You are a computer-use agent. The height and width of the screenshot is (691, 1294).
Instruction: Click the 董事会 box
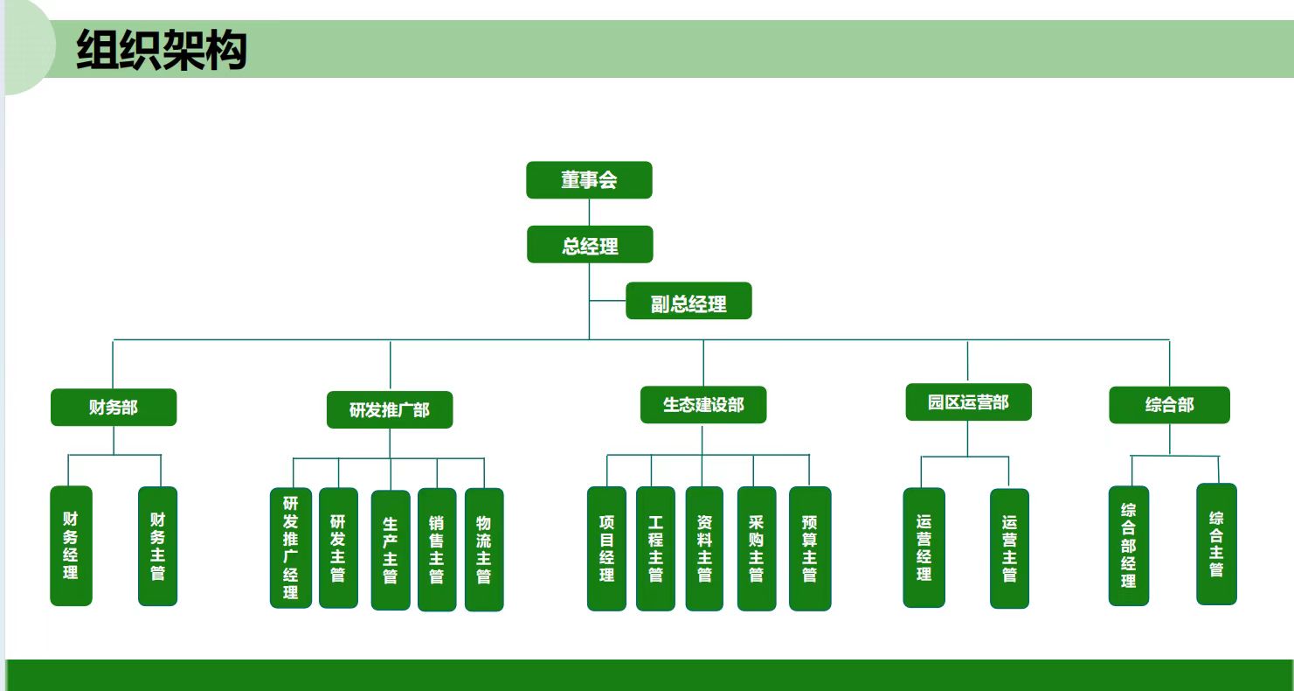click(589, 180)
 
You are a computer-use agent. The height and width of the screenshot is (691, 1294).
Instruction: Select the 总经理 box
click(590, 245)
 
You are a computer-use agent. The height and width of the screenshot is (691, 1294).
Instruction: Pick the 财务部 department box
click(114, 408)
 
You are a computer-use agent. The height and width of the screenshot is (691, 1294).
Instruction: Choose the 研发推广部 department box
click(390, 410)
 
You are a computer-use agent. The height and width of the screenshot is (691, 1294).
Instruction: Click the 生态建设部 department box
click(703, 405)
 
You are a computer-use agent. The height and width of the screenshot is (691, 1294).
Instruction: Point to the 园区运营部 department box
click(968, 402)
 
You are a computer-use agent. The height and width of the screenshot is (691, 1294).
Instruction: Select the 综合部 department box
click(1169, 406)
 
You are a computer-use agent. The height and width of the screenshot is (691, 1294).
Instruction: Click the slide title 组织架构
click(162, 49)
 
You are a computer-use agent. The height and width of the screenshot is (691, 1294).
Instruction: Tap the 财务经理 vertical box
click(71, 546)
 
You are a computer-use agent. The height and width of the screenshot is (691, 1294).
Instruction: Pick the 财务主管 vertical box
click(157, 547)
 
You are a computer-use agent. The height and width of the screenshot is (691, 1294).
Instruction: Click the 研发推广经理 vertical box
click(291, 548)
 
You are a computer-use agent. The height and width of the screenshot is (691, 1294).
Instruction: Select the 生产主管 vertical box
click(391, 549)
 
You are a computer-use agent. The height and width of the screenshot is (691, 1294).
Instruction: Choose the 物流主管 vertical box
click(484, 549)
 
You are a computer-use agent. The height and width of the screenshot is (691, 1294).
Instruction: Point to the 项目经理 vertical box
click(606, 548)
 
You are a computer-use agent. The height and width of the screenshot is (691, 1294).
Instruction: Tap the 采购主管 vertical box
click(757, 548)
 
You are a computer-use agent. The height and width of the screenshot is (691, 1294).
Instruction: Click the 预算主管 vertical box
click(810, 548)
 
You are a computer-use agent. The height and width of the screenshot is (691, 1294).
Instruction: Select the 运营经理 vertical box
click(924, 548)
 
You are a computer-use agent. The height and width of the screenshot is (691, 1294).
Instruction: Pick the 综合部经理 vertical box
click(1129, 546)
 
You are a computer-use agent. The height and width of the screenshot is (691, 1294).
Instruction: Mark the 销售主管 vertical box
click(437, 549)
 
